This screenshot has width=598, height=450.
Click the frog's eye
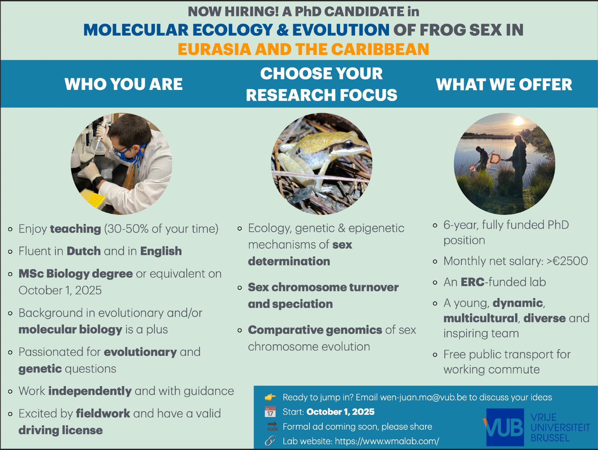(349, 144)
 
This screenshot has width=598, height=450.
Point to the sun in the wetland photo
(518, 121)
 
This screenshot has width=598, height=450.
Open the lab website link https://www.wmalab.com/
(387, 441)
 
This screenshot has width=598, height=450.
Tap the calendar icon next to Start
(270, 412)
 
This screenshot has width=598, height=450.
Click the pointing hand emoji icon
(270, 397)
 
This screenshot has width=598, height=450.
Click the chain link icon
(270, 441)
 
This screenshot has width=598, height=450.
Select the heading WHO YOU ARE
(123, 84)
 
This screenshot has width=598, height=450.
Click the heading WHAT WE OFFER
(504, 84)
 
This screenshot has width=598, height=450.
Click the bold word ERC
(472, 282)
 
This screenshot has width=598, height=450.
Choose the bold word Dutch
(84, 251)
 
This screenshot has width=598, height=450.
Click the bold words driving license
(61, 430)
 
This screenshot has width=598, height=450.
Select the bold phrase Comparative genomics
(315, 330)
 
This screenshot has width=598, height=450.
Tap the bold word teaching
(75, 229)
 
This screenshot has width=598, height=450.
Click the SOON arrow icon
(272, 426)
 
